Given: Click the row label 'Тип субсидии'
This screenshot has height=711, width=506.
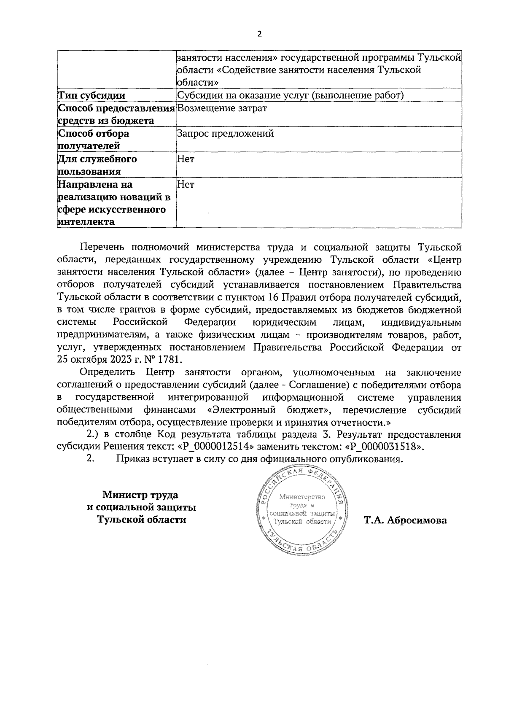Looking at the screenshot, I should (92, 95).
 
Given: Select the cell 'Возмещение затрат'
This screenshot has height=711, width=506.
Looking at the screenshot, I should (222, 108).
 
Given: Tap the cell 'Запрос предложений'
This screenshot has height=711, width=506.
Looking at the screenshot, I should (226, 134).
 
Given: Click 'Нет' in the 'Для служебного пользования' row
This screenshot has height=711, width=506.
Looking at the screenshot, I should (186, 159).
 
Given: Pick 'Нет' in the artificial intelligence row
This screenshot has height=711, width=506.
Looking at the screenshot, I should (186, 184).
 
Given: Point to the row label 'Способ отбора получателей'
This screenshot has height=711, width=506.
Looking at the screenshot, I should (93, 140).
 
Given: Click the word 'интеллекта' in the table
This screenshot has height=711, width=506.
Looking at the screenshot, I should (86, 222).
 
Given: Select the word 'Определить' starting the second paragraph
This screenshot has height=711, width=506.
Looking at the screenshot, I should (107, 372).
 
